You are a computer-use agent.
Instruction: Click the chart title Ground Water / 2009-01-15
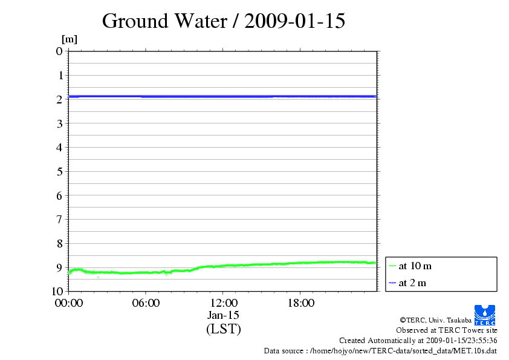(224, 21)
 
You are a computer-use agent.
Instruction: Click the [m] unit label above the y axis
(70, 39)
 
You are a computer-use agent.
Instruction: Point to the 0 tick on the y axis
(59, 51)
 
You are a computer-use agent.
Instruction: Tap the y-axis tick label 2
(59, 99)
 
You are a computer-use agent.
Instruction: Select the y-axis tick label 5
(59, 171)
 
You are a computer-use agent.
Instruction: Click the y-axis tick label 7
(59, 219)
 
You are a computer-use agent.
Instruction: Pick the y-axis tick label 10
(57, 291)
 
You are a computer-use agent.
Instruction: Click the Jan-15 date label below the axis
(223, 315)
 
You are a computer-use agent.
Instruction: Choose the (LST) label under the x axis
(223, 329)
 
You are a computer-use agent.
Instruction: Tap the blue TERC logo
(485, 315)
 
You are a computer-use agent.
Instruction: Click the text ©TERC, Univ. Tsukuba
(435, 319)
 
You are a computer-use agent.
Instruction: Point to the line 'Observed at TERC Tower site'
(447, 330)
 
